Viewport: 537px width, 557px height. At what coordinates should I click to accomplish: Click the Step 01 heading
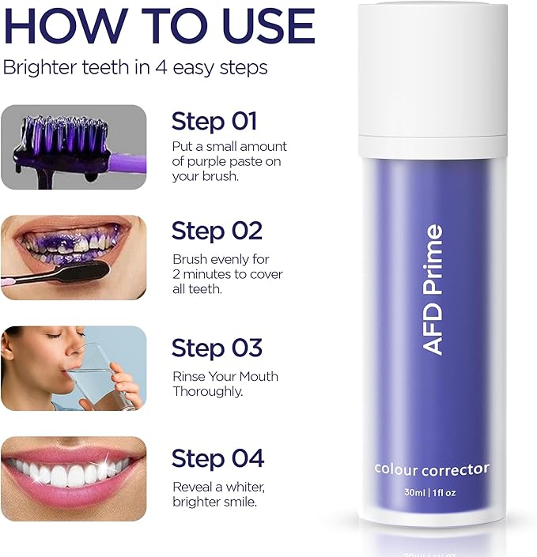[x=214, y=122]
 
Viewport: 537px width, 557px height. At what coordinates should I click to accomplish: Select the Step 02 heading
[x=217, y=231]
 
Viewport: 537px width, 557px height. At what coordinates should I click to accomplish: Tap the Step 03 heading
[x=217, y=348]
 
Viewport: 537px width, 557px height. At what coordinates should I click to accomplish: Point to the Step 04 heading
[x=217, y=458]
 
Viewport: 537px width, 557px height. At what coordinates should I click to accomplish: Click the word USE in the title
[x=270, y=26]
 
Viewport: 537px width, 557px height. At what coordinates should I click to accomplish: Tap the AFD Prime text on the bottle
[x=433, y=289]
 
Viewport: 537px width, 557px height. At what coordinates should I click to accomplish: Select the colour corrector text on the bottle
[x=432, y=469]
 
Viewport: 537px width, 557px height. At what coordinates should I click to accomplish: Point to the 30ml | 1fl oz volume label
[x=430, y=493]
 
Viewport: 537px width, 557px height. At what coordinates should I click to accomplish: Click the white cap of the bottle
[x=433, y=80]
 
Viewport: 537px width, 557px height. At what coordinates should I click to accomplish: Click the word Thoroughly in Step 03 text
[x=208, y=392]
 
